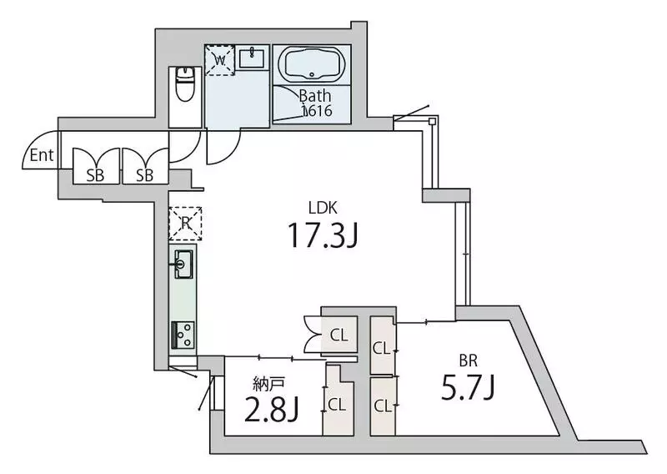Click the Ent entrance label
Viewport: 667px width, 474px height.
pyautogui.click(x=42, y=155)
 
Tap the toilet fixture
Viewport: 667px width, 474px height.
pyautogui.click(x=184, y=84)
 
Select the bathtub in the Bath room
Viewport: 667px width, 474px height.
pyautogui.click(x=312, y=64)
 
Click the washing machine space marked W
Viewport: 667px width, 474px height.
pyautogui.click(x=219, y=60)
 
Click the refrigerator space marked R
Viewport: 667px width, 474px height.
pyautogui.click(x=185, y=224)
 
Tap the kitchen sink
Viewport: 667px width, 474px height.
pyautogui.click(x=183, y=264)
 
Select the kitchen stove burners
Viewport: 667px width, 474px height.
pyautogui.click(x=183, y=335)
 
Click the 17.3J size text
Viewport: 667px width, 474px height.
pyautogui.click(x=323, y=235)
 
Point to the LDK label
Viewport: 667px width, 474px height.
pyautogui.click(x=323, y=209)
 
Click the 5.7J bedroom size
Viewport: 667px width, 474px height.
pyautogui.click(x=468, y=389)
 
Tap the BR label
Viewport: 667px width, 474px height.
pyautogui.click(x=468, y=361)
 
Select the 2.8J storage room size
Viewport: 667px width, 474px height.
pyautogui.click(x=273, y=408)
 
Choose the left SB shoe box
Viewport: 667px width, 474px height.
pyautogui.click(x=96, y=166)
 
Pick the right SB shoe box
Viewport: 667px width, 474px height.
pyautogui.click(x=145, y=166)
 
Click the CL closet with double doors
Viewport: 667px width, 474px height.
pyautogui.click(x=339, y=335)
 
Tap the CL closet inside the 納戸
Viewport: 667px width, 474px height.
pyautogui.click(x=338, y=405)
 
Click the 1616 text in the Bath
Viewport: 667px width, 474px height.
pyautogui.click(x=317, y=111)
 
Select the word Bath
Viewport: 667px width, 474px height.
pyautogui.click(x=315, y=95)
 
